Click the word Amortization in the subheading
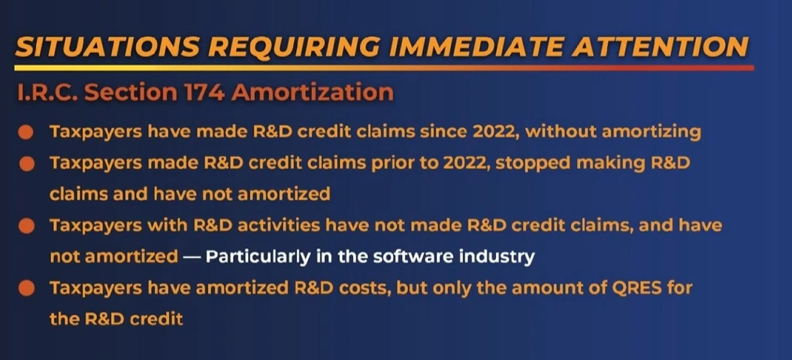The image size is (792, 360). coord(307,93)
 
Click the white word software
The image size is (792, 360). coord(410,256)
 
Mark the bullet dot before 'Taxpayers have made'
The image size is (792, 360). coord(26,133)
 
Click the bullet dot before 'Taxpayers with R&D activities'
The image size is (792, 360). coord(26,225)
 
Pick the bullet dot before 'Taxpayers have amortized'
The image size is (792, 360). coord(26,289)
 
